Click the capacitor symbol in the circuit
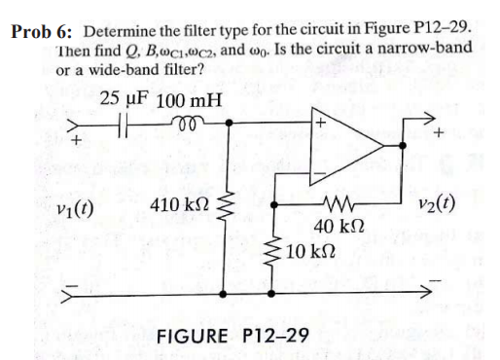137,126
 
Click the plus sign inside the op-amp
317,125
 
